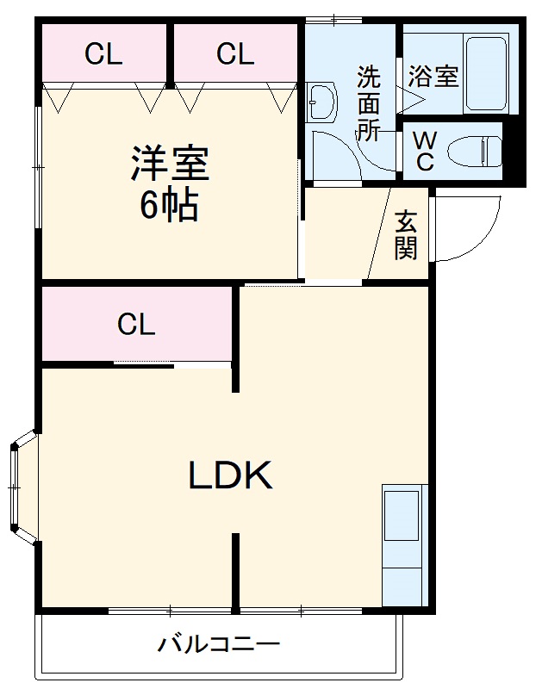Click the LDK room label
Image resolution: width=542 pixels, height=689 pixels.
(231, 475)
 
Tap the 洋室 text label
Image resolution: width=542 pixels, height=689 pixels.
(171, 164)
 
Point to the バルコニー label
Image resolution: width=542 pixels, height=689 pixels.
(219, 644)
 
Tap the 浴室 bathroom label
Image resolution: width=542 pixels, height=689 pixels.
(434, 76)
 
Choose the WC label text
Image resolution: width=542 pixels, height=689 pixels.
(424, 151)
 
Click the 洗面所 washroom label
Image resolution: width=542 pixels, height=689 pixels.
(369, 103)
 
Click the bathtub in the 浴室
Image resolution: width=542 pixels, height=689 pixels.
(488, 75)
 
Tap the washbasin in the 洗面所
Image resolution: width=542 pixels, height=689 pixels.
(322, 102)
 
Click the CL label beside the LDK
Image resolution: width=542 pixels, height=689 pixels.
(136, 325)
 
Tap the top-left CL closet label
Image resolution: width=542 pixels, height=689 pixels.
(103, 54)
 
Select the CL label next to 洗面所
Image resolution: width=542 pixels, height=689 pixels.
(235, 54)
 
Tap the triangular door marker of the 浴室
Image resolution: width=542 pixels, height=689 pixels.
(407, 99)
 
